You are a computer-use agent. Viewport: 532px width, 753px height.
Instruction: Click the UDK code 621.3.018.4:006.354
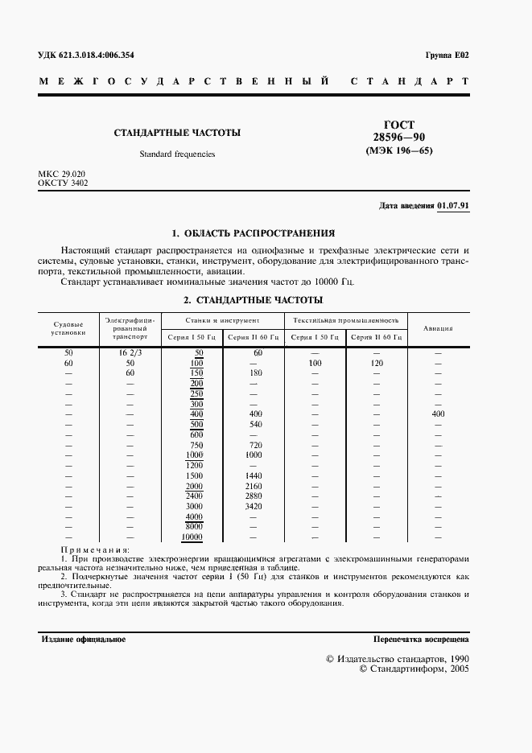[86, 55]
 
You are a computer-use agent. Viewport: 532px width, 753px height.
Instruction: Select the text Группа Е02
[447, 55]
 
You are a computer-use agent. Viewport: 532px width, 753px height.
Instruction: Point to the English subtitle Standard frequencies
[177, 153]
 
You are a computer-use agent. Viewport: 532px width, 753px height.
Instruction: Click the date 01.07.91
[454, 206]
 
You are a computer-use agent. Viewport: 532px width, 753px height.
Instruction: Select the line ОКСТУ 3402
[63, 183]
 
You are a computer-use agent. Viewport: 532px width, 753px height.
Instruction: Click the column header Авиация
[438, 328]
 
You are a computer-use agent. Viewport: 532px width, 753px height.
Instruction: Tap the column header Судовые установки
[68, 327]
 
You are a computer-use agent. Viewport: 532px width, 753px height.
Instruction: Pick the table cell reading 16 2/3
[130, 353]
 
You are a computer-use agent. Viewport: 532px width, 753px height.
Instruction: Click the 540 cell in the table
[256, 424]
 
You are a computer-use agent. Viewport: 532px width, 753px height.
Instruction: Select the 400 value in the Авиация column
[438, 414]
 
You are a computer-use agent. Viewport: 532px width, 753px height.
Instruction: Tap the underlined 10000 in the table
[192, 537]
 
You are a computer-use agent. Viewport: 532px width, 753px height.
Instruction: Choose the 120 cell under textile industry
[376, 364]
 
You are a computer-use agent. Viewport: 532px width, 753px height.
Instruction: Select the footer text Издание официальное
[83, 639]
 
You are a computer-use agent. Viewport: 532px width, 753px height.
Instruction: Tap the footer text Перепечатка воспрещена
[421, 639]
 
